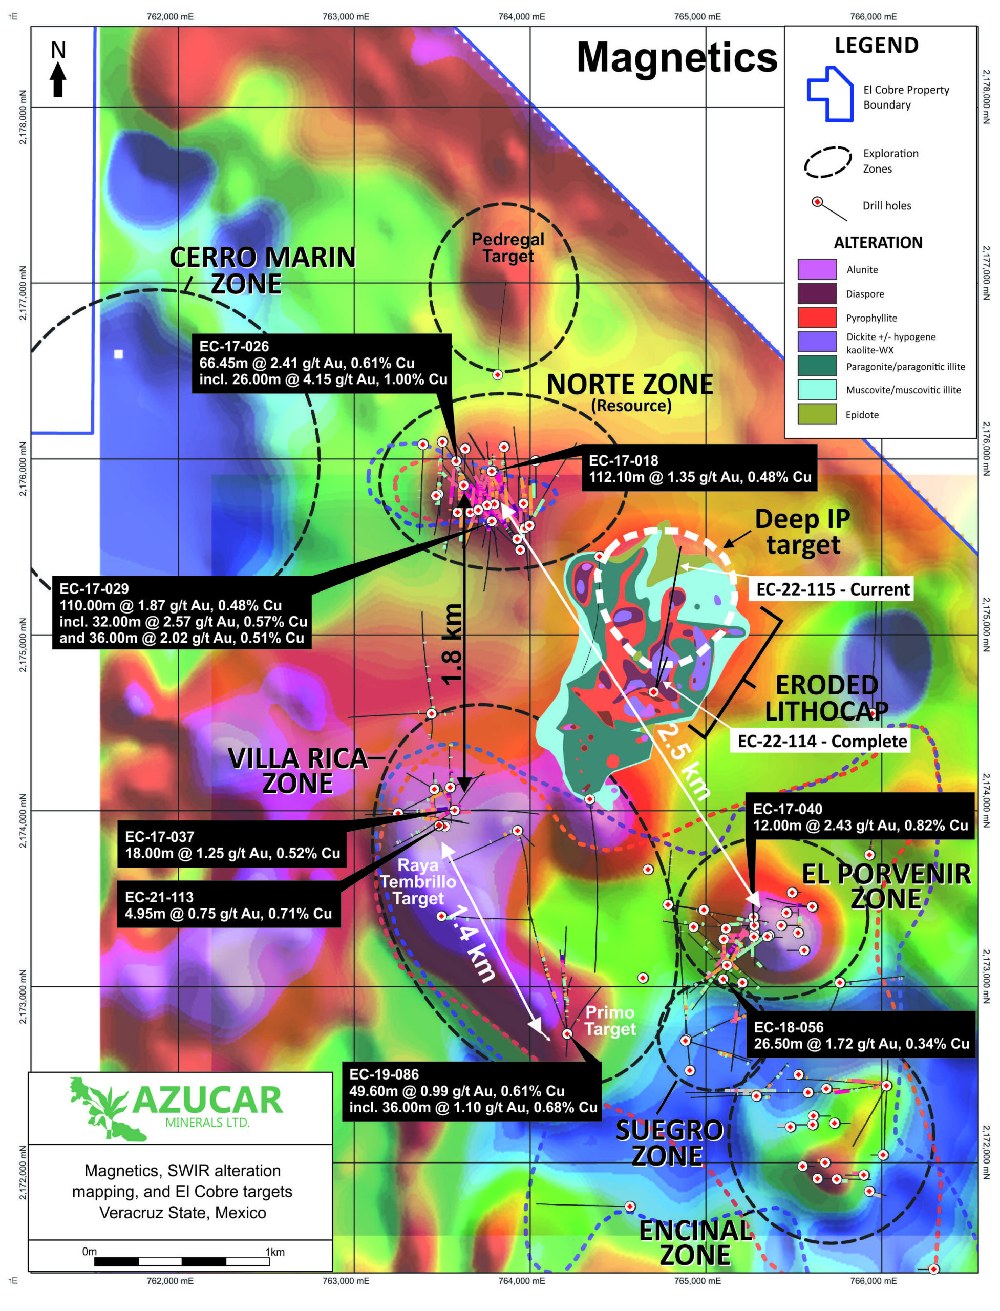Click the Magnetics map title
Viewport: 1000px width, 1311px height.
pos(677,58)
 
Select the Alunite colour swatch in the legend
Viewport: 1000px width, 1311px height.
pos(817,269)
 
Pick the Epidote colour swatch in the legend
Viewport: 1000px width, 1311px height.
pos(817,414)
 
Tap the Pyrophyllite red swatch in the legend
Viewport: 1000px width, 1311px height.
pos(817,318)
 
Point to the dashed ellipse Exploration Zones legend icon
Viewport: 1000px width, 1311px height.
pos(827,161)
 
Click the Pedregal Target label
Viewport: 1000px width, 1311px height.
pos(508,248)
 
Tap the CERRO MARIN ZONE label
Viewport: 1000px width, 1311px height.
pos(262,270)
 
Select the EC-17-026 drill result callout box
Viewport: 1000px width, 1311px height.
pos(322,363)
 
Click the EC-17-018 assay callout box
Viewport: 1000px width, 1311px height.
pos(699,469)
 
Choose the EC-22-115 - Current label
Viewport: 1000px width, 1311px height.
pos(832,589)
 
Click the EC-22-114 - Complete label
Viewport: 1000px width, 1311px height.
pos(821,741)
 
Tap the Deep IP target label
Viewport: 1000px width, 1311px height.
pos(802,532)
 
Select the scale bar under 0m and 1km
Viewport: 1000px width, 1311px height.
pos(182,1262)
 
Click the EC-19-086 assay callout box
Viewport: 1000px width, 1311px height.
pos(472,1091)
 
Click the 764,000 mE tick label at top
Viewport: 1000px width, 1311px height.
pos(521,17)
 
